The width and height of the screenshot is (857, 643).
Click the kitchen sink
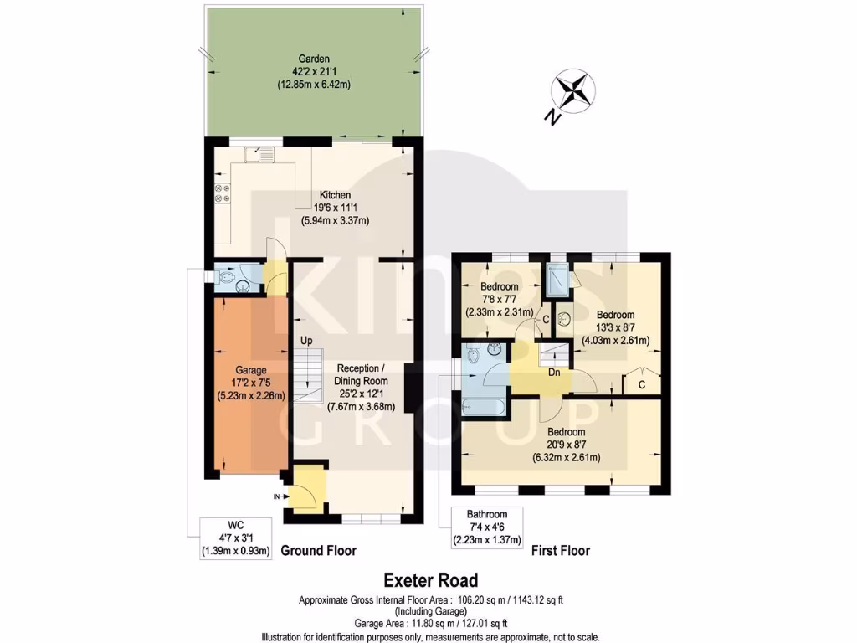(x=264, y=153)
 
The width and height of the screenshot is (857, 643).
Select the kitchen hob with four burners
(x=223, y=193)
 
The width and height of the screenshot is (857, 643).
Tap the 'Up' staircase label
(x=308, y=342)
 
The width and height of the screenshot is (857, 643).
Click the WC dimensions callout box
(x=236, y=539)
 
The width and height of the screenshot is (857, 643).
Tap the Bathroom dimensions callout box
(x=487, y=527)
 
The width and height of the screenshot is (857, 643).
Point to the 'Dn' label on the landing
(x=553, y=373)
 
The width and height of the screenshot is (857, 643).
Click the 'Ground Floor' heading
(x=318, y=551)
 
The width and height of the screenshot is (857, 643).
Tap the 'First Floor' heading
(x=561, y=551)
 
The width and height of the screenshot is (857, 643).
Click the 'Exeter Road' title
(x=430, y=579)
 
